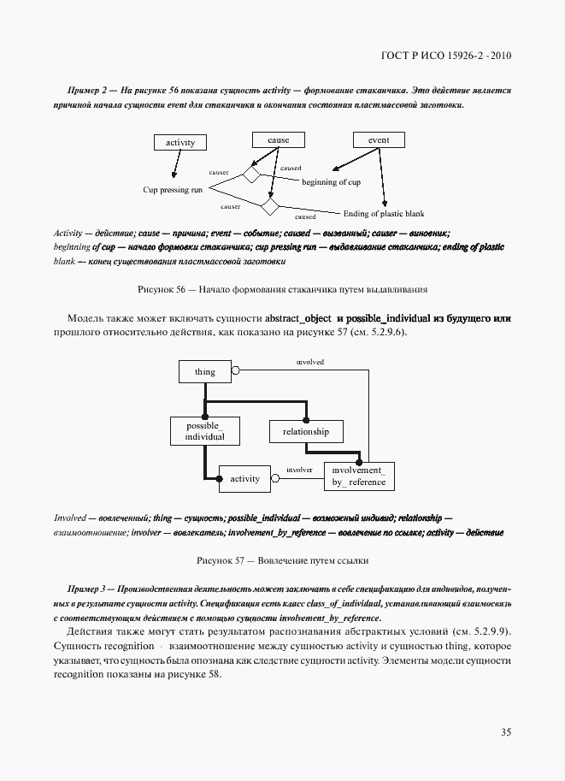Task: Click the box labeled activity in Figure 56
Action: tap(180, 143)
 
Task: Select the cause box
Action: tap(278, 140)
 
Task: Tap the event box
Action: tap(379, 140)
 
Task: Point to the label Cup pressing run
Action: tap(172, 190)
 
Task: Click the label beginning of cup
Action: tap(331, 182)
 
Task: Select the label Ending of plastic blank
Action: tap(383, 214)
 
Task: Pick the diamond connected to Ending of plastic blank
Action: tap(270, 207)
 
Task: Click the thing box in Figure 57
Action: tap(204, 372)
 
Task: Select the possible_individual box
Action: tap(204, 430)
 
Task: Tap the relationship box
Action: tap(305, 432)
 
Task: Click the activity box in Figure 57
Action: tap(244, 479)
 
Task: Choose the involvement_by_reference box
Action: tap(359, 476)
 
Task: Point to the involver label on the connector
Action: tap(299, 470)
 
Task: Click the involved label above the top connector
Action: tap(309, 362)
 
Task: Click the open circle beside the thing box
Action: tap(236, 371)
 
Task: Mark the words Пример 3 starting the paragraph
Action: tap(85, 591)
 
